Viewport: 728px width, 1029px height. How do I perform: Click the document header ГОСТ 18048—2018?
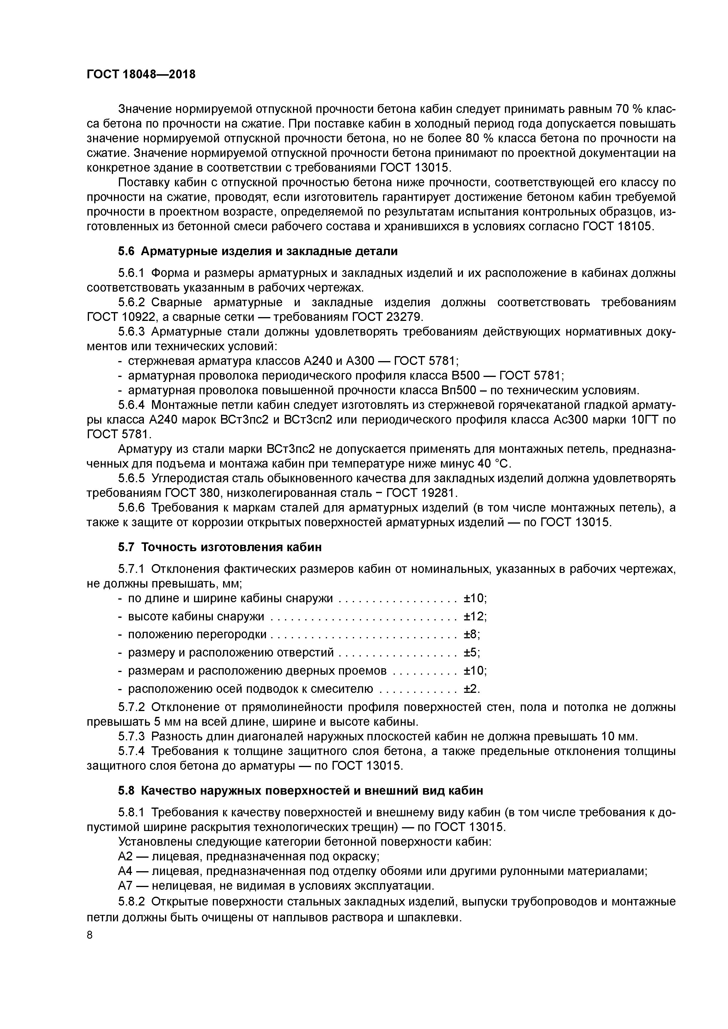[141, 75]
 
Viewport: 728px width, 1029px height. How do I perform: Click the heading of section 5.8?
[301, 791]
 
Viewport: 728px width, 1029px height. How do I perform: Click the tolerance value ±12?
[474, 616]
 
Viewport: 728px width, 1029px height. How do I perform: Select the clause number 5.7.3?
[132, 736]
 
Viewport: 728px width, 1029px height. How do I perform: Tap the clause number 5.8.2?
[132, 901]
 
